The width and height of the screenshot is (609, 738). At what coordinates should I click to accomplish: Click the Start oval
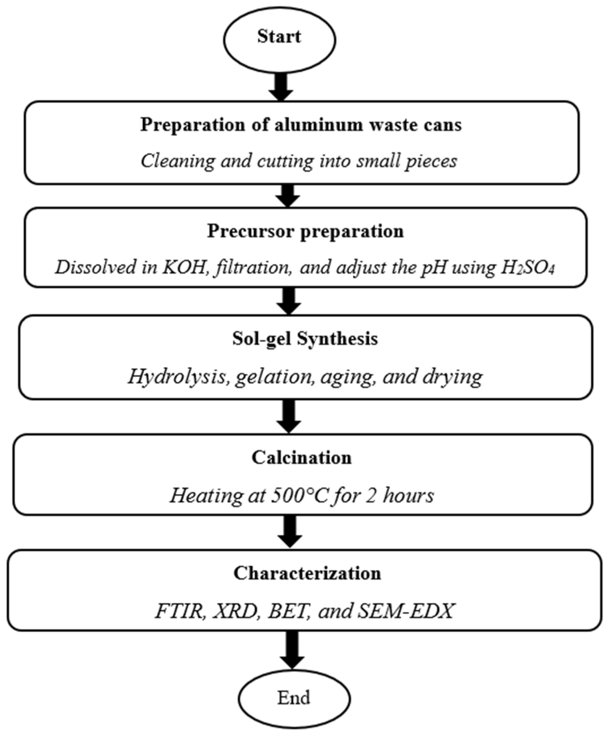point(280,40)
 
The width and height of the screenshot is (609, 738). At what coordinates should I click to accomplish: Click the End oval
point(294,698)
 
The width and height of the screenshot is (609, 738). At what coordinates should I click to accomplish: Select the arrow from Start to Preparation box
point(281,86)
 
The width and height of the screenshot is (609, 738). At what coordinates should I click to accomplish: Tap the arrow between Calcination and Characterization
point(290,531)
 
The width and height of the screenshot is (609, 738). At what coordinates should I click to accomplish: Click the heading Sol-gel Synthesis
point(305,339)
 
